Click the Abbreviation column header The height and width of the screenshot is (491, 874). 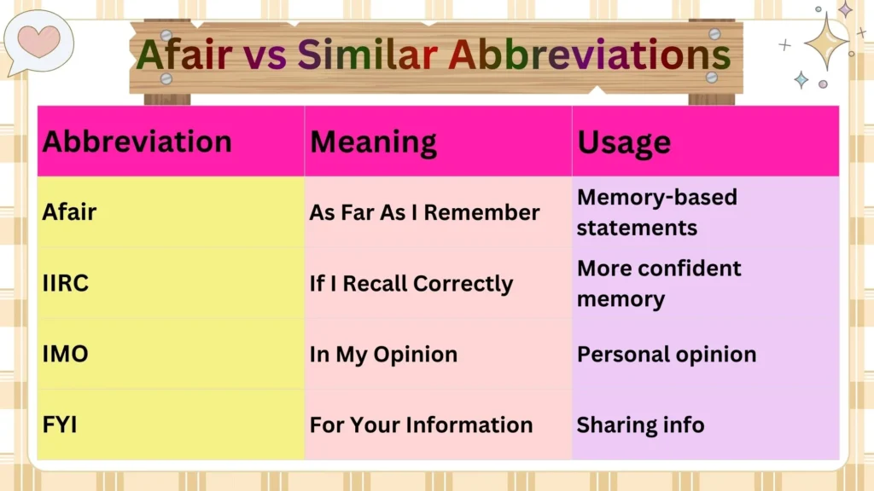tap(137, 142)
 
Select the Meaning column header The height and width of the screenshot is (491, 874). tap(373, 142)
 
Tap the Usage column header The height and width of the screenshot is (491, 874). tap(624, 142)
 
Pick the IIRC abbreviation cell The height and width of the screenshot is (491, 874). tap(66, 284)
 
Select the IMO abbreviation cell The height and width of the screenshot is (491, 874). tap(66, 354)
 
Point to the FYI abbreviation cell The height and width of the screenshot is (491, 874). tap(61, 425)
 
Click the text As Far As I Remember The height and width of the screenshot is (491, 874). tap(424, 213)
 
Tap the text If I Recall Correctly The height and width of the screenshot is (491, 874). tap(411, 284)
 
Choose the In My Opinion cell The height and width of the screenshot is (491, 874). tap(383, 355)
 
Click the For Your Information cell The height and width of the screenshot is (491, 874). tap(421, 425)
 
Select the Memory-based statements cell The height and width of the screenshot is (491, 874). tap(657, 212)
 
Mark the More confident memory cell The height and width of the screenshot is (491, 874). tap(659, 283)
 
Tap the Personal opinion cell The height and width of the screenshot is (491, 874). tap(667, 355)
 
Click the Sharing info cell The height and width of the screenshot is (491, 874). tap(640, 425)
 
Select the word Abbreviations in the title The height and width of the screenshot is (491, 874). tap(589, 55)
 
